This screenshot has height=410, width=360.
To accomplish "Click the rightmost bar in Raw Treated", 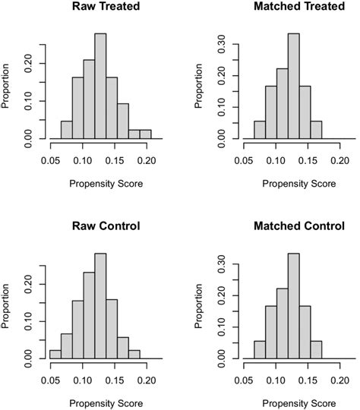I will [x=145, y=135].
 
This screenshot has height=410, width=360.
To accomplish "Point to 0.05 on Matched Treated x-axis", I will [x=243, y=161].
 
